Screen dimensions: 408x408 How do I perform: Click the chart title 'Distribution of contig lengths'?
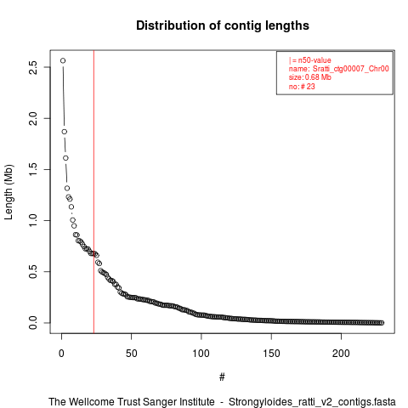(x=223, y=25)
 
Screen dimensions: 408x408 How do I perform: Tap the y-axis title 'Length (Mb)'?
(x=8, y=192)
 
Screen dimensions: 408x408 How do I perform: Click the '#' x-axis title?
(x=222, y=377)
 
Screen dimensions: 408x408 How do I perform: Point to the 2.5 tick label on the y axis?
(x=33, y=67)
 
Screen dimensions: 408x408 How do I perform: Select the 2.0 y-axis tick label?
(x=33, y=118)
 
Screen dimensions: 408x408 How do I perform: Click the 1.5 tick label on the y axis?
(x=33, y=169)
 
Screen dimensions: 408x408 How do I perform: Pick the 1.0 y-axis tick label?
(x=33, y=220)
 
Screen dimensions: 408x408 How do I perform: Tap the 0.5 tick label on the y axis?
(x=33, y=271)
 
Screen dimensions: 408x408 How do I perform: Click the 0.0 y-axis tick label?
(x=33, y=323)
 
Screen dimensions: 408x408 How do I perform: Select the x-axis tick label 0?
(x=61, y=354)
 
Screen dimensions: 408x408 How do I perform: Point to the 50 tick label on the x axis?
(x=132, y=354)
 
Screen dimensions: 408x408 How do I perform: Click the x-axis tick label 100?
(x=201, y=354)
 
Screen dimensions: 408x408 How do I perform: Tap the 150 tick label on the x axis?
(x=271, y=354)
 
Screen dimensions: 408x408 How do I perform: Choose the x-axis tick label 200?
(x=341, y=354)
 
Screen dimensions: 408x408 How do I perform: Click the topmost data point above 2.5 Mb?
(x=63, y=60)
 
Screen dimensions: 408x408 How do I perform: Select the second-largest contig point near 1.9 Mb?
(x=65, y=132)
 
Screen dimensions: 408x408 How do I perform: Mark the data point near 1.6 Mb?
(x=65, y=158)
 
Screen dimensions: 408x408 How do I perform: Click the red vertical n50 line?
(x=93, y=192)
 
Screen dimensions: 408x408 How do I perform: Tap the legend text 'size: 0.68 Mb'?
(x=310, y=77)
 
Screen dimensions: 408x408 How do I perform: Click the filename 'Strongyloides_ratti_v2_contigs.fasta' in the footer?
(x=312, y=402)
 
